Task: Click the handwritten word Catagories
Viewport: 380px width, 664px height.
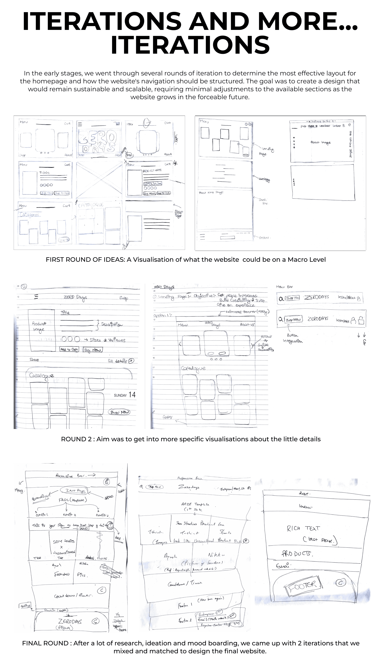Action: coord(29,215)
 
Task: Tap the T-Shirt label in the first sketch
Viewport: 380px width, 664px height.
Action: coord(44,173)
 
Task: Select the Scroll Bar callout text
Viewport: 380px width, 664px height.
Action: coord(263,201)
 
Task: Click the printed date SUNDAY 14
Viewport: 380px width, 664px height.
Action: coord(124,395)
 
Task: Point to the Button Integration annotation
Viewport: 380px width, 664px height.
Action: coord(293,338)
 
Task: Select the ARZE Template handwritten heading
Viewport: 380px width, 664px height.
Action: coord(195,504)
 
